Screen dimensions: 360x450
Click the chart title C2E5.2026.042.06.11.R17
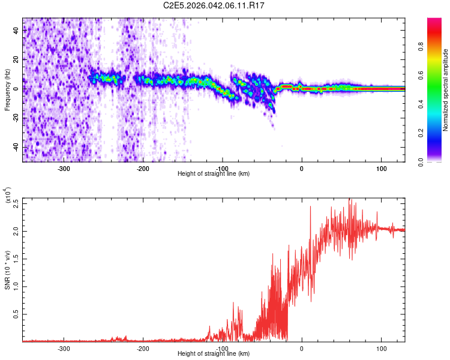coord(223,5)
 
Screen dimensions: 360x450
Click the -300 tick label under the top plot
coord(64,168)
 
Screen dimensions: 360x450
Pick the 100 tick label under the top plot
coord(380,168)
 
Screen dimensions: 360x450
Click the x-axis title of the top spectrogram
coord(214,174)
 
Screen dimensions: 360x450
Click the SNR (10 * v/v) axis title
coord(8,269)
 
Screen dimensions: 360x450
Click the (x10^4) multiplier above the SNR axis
coord(8,196)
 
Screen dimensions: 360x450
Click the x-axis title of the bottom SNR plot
coord(214,354)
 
